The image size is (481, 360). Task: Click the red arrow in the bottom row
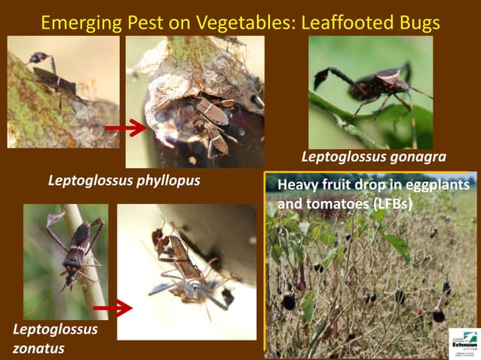113,307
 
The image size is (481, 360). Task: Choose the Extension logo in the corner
463,342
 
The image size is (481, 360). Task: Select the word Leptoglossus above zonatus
55,329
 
